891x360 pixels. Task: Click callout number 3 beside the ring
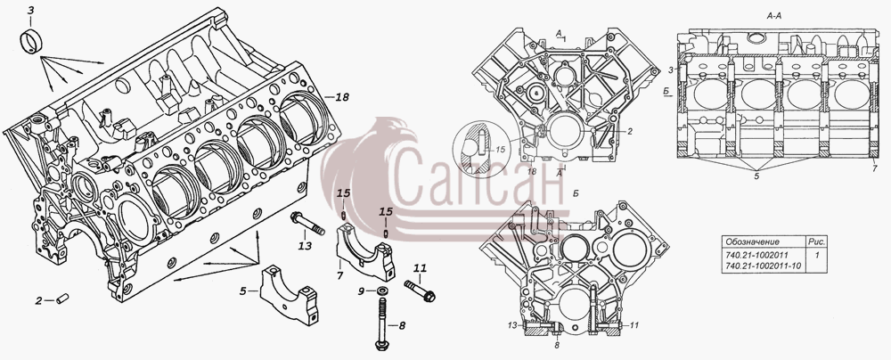30,10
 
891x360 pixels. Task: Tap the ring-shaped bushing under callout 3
32,41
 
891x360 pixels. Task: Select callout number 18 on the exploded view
341,97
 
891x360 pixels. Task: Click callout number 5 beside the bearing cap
242,291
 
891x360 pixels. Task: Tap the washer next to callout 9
383,291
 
